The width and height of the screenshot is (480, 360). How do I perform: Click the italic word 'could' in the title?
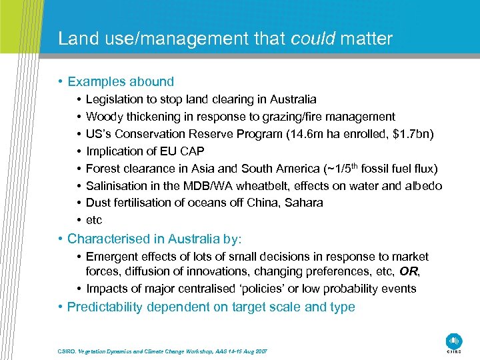point(313,39)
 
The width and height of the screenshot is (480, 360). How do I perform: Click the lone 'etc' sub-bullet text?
point(94,221)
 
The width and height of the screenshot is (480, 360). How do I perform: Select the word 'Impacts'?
point(107,289)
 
